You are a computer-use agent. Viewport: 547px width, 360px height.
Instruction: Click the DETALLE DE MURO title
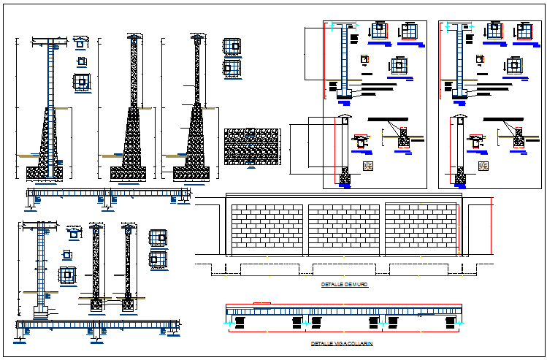point(345,285)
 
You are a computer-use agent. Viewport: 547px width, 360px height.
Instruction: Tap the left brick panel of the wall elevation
point(267,229)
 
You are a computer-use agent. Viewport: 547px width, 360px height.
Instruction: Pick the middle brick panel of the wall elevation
point(344,229)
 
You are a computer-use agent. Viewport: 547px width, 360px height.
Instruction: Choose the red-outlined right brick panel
point(421,229)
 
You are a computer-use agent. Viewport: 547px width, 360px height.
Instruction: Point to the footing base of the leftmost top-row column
point(45,172)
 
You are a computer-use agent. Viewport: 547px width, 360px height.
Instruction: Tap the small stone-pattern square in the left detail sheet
point(369,166)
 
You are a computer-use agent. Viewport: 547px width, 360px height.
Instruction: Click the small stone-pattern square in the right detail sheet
point(483,166)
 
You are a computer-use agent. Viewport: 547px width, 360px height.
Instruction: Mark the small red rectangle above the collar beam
point(261,302)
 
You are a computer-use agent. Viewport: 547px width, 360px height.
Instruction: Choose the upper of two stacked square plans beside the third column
point(232,45)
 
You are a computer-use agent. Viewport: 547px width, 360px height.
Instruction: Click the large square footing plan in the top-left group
point(82,82)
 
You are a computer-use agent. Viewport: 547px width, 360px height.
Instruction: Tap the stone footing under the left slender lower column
point(96,301)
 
